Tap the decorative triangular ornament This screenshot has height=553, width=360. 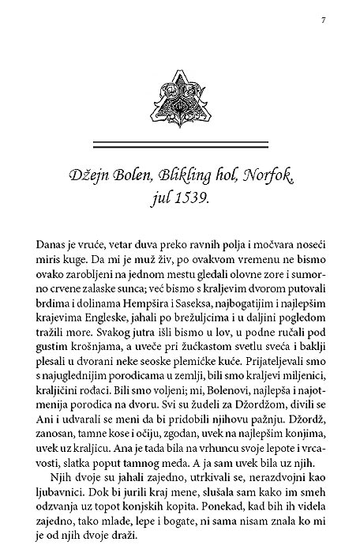point(180,98)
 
